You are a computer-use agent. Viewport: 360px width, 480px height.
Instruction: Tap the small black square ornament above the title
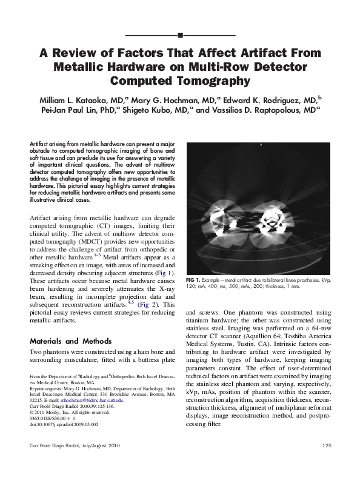click(180, 36)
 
